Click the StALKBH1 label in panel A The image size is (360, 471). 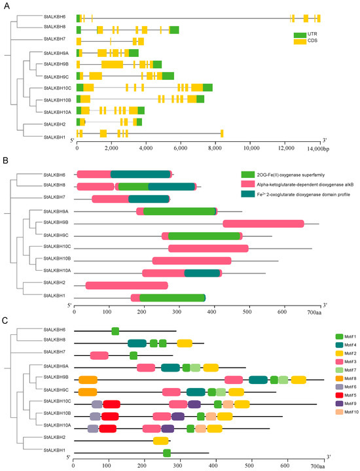(54, 137)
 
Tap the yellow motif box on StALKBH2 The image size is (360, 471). (161, 441)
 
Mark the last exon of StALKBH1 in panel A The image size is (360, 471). (222, 134)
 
